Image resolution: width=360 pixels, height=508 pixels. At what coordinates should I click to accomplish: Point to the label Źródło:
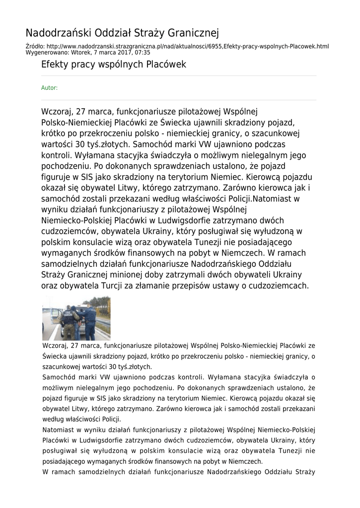click(35, 47)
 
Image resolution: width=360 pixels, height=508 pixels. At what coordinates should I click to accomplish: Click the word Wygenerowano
click(42, 52)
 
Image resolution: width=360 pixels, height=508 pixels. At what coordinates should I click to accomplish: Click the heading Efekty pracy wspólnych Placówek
click(113, 65)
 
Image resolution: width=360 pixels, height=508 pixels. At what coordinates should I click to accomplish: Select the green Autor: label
click(49, 88)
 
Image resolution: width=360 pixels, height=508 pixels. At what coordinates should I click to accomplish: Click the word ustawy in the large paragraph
click(231, 286)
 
